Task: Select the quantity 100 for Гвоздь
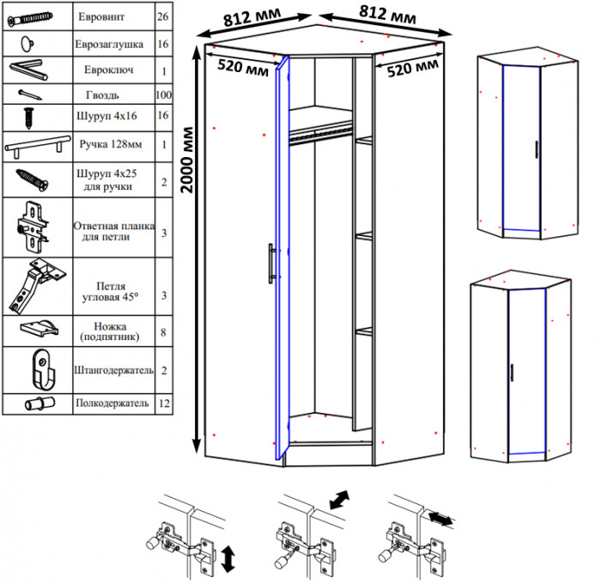(x=164, y=94)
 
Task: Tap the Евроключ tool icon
(x=28, y=70)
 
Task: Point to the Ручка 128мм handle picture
(x=38, y=146)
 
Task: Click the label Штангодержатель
(x=114, y=370)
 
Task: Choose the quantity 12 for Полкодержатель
(x=164, y=404)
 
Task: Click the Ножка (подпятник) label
(x=110, y=331)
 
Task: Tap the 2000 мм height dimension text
(x=186, y=160)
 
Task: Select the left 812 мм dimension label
(x=252, y=17)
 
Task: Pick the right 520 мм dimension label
(x=412, y=68)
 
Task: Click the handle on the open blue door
(x=271, y=264)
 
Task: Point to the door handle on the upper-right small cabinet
(x=537, y=149)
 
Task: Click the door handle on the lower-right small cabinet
(x=512, y=373)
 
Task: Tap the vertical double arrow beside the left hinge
(x=228, y=560)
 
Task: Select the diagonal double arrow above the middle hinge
(x=340, y=500)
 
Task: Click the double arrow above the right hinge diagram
(x=440, y=519)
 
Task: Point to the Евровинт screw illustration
(x=30, y=18)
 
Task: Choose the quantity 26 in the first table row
(x=163, y=17)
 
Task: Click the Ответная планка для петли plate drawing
(x=33, y=227)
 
